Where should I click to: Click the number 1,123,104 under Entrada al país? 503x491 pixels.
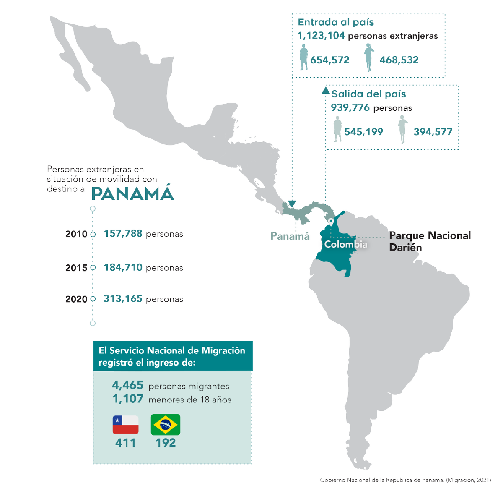click(321, 36)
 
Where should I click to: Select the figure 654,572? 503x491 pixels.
click(330, 60)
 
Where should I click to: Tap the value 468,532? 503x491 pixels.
click(399, 60)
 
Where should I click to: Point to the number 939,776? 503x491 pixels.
click(350, 108)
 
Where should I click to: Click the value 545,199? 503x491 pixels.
click(363, 132)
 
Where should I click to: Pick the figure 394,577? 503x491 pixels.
click(433, 132)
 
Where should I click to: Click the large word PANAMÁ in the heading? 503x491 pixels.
click(132, 194)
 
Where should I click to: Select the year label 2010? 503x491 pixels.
click(76, 234)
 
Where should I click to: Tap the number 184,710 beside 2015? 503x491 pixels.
click(123, 267)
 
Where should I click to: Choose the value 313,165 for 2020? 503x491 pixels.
click(123, 299)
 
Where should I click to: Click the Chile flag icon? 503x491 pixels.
click(125, 425)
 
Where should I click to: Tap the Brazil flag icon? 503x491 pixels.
click(166, 425)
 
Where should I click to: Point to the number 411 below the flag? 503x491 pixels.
click(125, 443)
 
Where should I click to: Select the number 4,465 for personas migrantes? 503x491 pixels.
click(127, 385)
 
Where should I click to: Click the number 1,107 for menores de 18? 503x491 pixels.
click(127, 399)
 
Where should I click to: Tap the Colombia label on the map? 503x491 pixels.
click(346, 244)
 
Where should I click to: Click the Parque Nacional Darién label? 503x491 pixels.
click(430, 241)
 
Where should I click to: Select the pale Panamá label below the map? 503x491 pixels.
click(290, 236)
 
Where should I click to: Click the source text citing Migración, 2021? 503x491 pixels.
click(405, 480)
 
